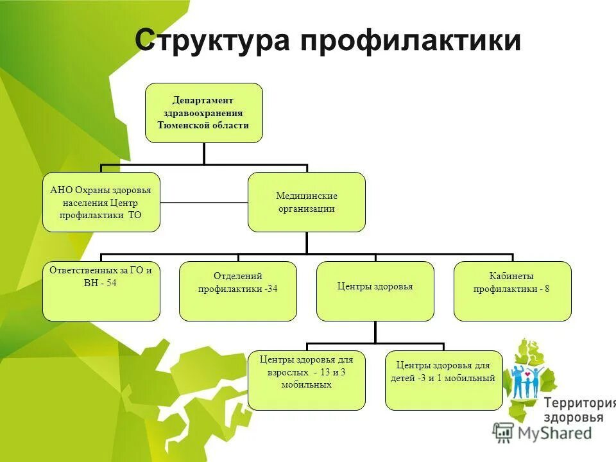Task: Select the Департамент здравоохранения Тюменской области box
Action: click(x=204, y=113)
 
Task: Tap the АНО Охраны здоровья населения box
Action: click(x=101, y=202)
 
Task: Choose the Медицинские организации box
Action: click(x=307, y=202)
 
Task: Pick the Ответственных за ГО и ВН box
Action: click(x=101, y=291)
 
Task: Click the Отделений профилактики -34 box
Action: click(x=238, y=291)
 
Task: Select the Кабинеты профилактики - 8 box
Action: click(x=512, y=291)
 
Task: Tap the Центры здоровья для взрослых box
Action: click(x=307, y=380)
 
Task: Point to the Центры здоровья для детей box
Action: click(x=443, y=380)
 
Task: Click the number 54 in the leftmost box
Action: click(x=112, y=283)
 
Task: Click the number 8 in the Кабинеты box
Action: click(x=547, y=289)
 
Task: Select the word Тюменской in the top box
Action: click(x=182, y=125)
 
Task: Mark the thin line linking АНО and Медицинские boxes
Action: click(x=204, y=202)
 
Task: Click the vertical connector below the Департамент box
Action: click(x=204, y=153)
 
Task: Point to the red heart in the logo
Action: click(x=527, y=373)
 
